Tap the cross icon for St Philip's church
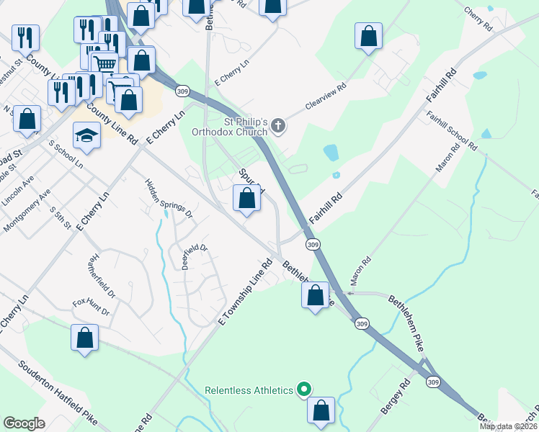coord(279,127)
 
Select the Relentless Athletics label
coord(249,390)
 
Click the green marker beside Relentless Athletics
coord(303,390)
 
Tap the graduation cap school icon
coord(86,135)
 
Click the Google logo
coord(24,423)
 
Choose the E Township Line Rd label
coord(244,293)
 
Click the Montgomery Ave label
coord(27,212)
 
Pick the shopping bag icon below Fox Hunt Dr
coord(84,338)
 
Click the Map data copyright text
coord(508,426)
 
